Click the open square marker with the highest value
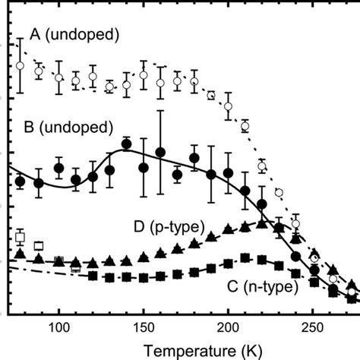click(x=21, y=237)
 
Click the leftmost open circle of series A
click(x=21, y=66)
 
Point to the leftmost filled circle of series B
click(x=21, y=181)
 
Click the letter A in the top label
click(x=34, y=34)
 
